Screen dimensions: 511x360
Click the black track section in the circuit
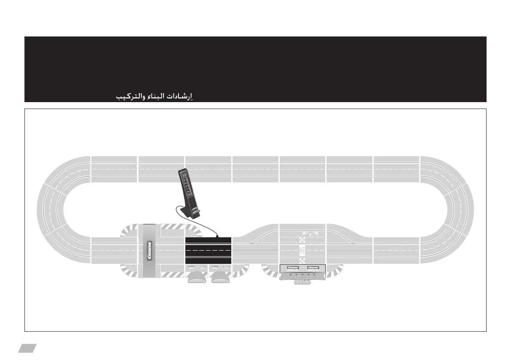coord(208,250)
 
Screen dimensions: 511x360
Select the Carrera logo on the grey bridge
coord(149,251)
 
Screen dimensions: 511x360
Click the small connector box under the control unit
coord(302,282)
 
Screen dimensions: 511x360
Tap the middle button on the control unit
coord(302,275)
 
